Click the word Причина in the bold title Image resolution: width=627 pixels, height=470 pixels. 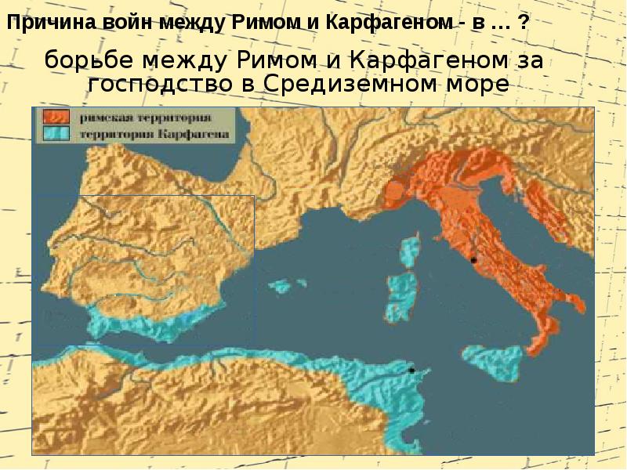click(46, 23)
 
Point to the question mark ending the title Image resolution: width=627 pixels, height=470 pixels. click(523, 23)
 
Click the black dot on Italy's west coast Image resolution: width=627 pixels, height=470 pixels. click(473, 259)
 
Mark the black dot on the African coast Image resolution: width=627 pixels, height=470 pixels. click(411, 370)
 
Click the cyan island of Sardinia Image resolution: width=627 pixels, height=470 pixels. click(400, 297)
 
